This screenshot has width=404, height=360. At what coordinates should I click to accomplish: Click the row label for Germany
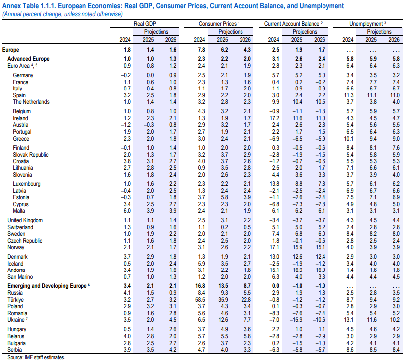point(23,75)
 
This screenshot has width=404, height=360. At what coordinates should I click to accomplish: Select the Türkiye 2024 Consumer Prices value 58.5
point(200,300)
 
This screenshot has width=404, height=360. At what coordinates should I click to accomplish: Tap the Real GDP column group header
point(145,24)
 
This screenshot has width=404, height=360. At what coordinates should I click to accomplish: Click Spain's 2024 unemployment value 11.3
point(348,95)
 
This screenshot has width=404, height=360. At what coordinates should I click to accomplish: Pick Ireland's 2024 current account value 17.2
point(274,118)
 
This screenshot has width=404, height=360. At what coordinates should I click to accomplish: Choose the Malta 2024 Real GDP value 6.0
point(127,211)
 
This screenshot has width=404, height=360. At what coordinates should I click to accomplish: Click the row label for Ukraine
point(16,320)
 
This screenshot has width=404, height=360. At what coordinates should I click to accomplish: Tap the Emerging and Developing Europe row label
point(47,286)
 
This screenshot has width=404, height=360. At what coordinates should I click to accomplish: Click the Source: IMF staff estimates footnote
point(36,357)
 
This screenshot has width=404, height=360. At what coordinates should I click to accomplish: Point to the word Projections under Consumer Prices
point(231,32)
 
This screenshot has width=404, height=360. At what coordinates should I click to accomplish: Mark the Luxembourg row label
point(27,184)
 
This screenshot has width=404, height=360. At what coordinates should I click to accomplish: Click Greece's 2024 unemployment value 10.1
point(348,139)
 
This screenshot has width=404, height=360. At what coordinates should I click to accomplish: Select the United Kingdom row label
point(25,220)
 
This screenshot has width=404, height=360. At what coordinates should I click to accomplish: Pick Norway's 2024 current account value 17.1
point(274,247)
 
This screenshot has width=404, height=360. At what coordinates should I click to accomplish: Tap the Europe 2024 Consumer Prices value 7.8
point(201,50)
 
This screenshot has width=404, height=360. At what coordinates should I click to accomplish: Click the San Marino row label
point(20,277)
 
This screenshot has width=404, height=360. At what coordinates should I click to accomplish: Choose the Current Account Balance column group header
point(292,24)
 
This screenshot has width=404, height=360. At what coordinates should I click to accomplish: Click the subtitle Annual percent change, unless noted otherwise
point(62,14)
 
